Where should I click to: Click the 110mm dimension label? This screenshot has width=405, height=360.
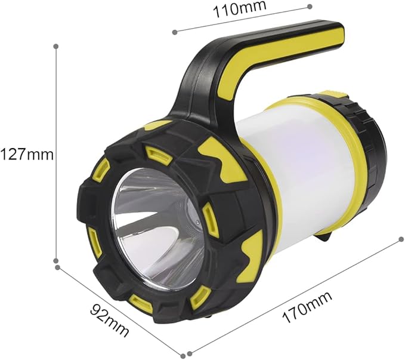tap(239, 10)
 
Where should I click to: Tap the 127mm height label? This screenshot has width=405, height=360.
tap(27, 155)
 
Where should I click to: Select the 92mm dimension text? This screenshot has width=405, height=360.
tap(110, 321)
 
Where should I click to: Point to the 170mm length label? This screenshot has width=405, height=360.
tap(307, 307)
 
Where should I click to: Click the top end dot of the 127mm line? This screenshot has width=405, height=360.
tap(55, 47)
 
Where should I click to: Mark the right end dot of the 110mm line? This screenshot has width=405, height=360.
tap(310, 7)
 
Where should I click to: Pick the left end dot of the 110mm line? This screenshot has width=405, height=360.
tap(175, 32)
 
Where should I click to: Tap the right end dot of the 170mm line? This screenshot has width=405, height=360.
tap(401, 239)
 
